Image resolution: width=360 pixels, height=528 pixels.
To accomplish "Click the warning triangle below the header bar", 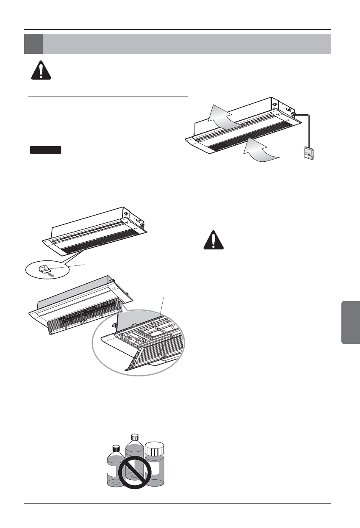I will [41, 70].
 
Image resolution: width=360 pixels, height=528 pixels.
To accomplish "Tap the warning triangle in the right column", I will [215, 241].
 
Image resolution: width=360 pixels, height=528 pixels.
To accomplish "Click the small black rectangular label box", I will [46, 149].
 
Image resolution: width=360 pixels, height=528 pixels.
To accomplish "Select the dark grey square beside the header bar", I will [33, 44].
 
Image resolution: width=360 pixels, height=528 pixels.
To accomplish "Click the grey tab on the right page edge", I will [350, 322].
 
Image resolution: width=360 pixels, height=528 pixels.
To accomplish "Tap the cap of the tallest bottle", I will [135, 437].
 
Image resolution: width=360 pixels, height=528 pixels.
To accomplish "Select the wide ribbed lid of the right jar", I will [154, 449].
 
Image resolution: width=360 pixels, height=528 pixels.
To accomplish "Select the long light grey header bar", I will [186, 44].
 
